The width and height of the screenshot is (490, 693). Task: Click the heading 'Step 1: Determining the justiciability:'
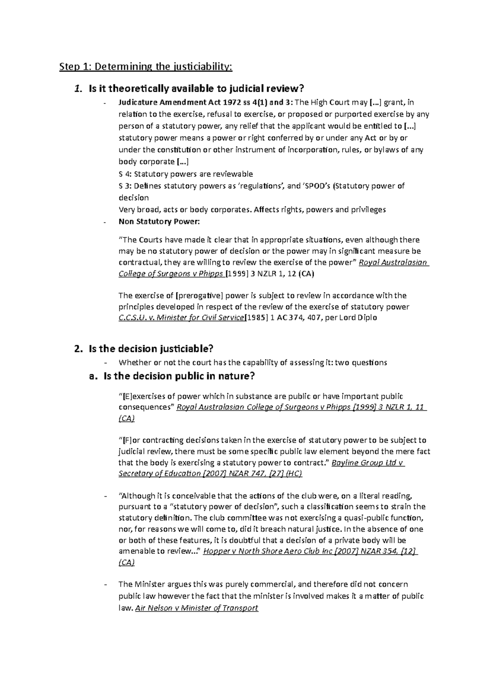(x=145, y=67)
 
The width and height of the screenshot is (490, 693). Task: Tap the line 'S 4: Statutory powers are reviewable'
(x=185, y=174)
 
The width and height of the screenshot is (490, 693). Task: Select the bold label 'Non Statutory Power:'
(x=159, y=222)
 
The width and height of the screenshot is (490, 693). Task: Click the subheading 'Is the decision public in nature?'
(x=179, y=376)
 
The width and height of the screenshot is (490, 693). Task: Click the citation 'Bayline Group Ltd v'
(x=367, y=463)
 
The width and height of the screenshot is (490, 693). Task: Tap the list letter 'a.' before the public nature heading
(x=94, y=376)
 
